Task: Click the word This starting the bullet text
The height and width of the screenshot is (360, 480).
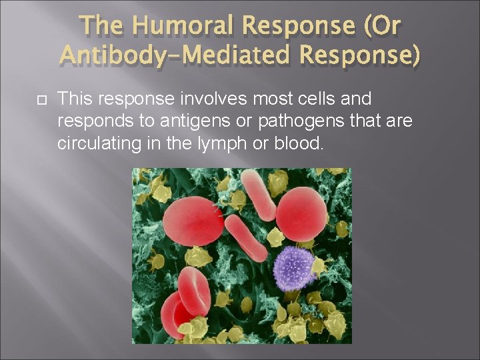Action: [x=73, y=99]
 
